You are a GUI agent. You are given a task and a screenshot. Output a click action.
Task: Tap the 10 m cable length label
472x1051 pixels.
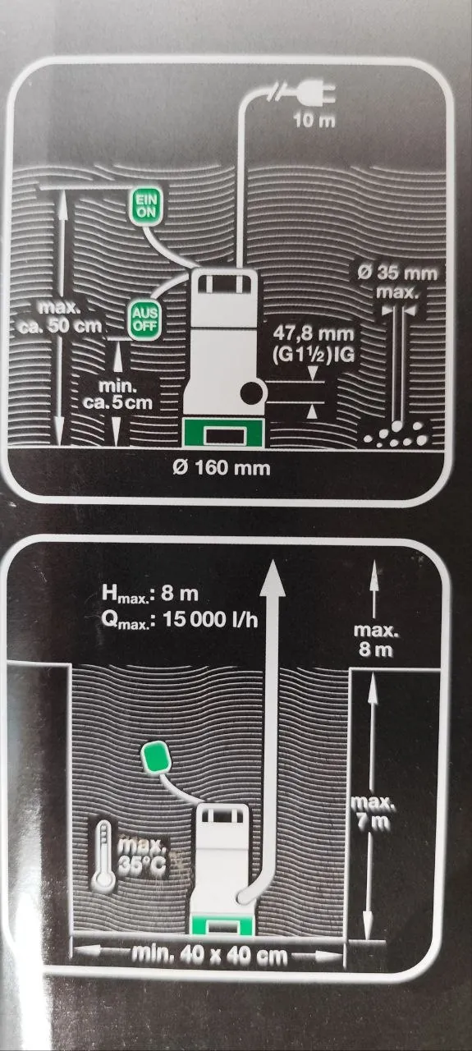click(x=314, y=121)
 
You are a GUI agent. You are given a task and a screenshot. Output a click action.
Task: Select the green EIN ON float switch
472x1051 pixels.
click(x=146, y=206)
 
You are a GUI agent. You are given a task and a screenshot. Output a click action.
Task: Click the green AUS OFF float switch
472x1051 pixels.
click(x=145, y=319)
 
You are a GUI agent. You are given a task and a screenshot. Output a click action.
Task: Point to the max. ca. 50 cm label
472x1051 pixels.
click(x=60, y=317)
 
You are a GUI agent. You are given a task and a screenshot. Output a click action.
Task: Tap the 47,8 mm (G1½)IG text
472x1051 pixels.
click(x=314, y=343)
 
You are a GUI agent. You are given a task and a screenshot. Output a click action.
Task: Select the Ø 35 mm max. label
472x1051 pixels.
click(x=397, y=282)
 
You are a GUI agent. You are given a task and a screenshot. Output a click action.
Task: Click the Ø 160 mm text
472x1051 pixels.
click(x=221, y=468)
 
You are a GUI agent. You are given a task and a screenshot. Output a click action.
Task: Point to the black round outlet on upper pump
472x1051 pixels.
click(x=252, y=393)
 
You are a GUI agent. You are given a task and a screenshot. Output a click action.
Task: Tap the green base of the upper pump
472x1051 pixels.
click(x=223, y=433)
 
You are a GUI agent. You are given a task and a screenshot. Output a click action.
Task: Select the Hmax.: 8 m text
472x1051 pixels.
click(x=150, y=594)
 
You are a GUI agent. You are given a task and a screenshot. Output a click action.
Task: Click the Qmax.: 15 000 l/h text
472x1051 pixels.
click(x=179, y=619)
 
